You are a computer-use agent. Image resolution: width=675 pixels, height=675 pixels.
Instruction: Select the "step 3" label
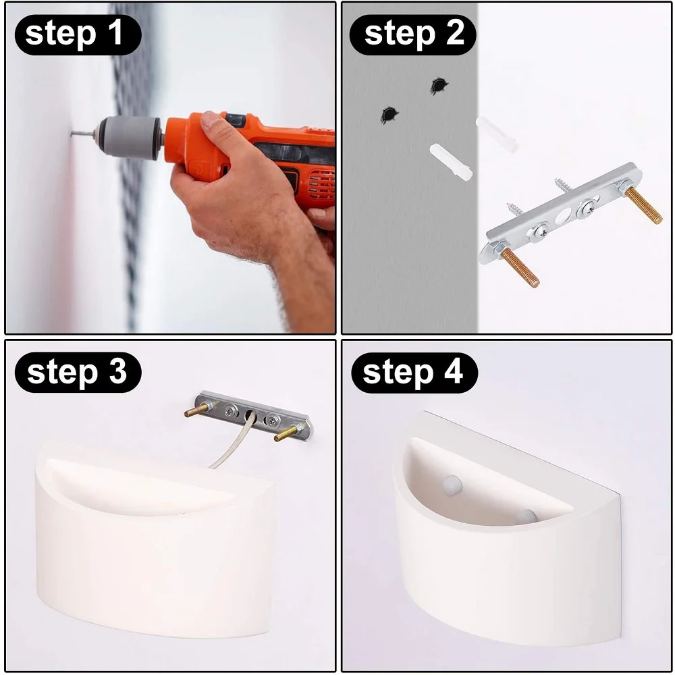click(x=77, y=373)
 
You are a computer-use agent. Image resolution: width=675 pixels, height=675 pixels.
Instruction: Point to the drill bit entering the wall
click(x=82, y=135)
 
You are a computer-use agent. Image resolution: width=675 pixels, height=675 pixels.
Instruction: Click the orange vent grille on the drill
click(x=321, y=185)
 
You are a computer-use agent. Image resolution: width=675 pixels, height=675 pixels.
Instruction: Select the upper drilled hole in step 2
click(x=439, y=86)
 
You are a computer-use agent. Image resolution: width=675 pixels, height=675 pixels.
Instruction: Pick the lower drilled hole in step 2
click(x=389, y=115)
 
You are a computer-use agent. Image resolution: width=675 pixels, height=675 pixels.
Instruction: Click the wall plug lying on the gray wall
click(x=451, y=161)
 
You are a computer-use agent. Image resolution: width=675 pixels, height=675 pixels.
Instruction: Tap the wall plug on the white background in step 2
click(x=496, y=134)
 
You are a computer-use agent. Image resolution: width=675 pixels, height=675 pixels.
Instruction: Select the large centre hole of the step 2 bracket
click(x=563, y=216)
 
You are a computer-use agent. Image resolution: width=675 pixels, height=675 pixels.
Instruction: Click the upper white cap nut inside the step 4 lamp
click(x=452, y=485)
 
